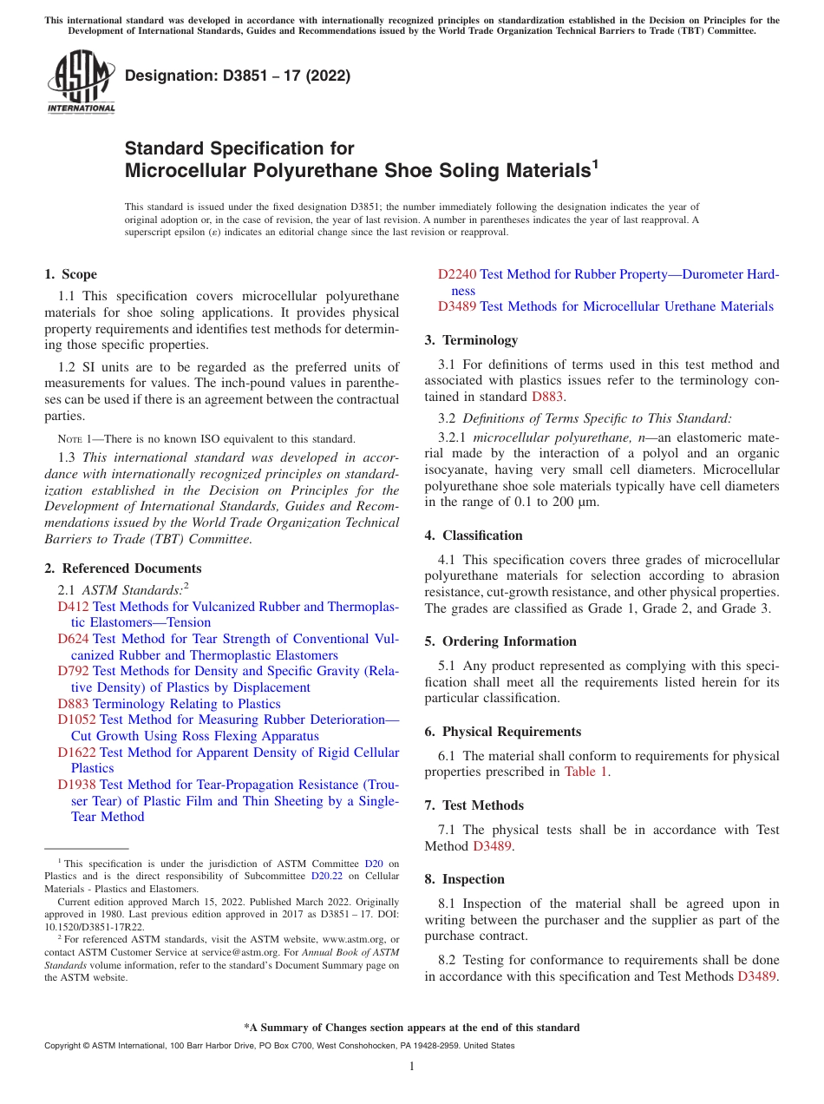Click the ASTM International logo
pos(80,82)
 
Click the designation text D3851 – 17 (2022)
pos(238,76)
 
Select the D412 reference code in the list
pos(74,607)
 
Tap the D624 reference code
pos(74,639)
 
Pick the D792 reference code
pos(74,671)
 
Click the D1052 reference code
pos(77,720)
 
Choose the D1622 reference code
pos(77,752)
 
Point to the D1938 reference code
pos(77,785)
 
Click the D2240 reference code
pos(457,274)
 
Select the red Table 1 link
pos(585,772)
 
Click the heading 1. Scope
pos(71,274)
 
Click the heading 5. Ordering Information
pos(500,641)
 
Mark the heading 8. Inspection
pos(464,879)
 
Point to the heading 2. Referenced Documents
pos(122,568)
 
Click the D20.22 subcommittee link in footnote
pos(326,876)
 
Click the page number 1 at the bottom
pos(412,1066)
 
